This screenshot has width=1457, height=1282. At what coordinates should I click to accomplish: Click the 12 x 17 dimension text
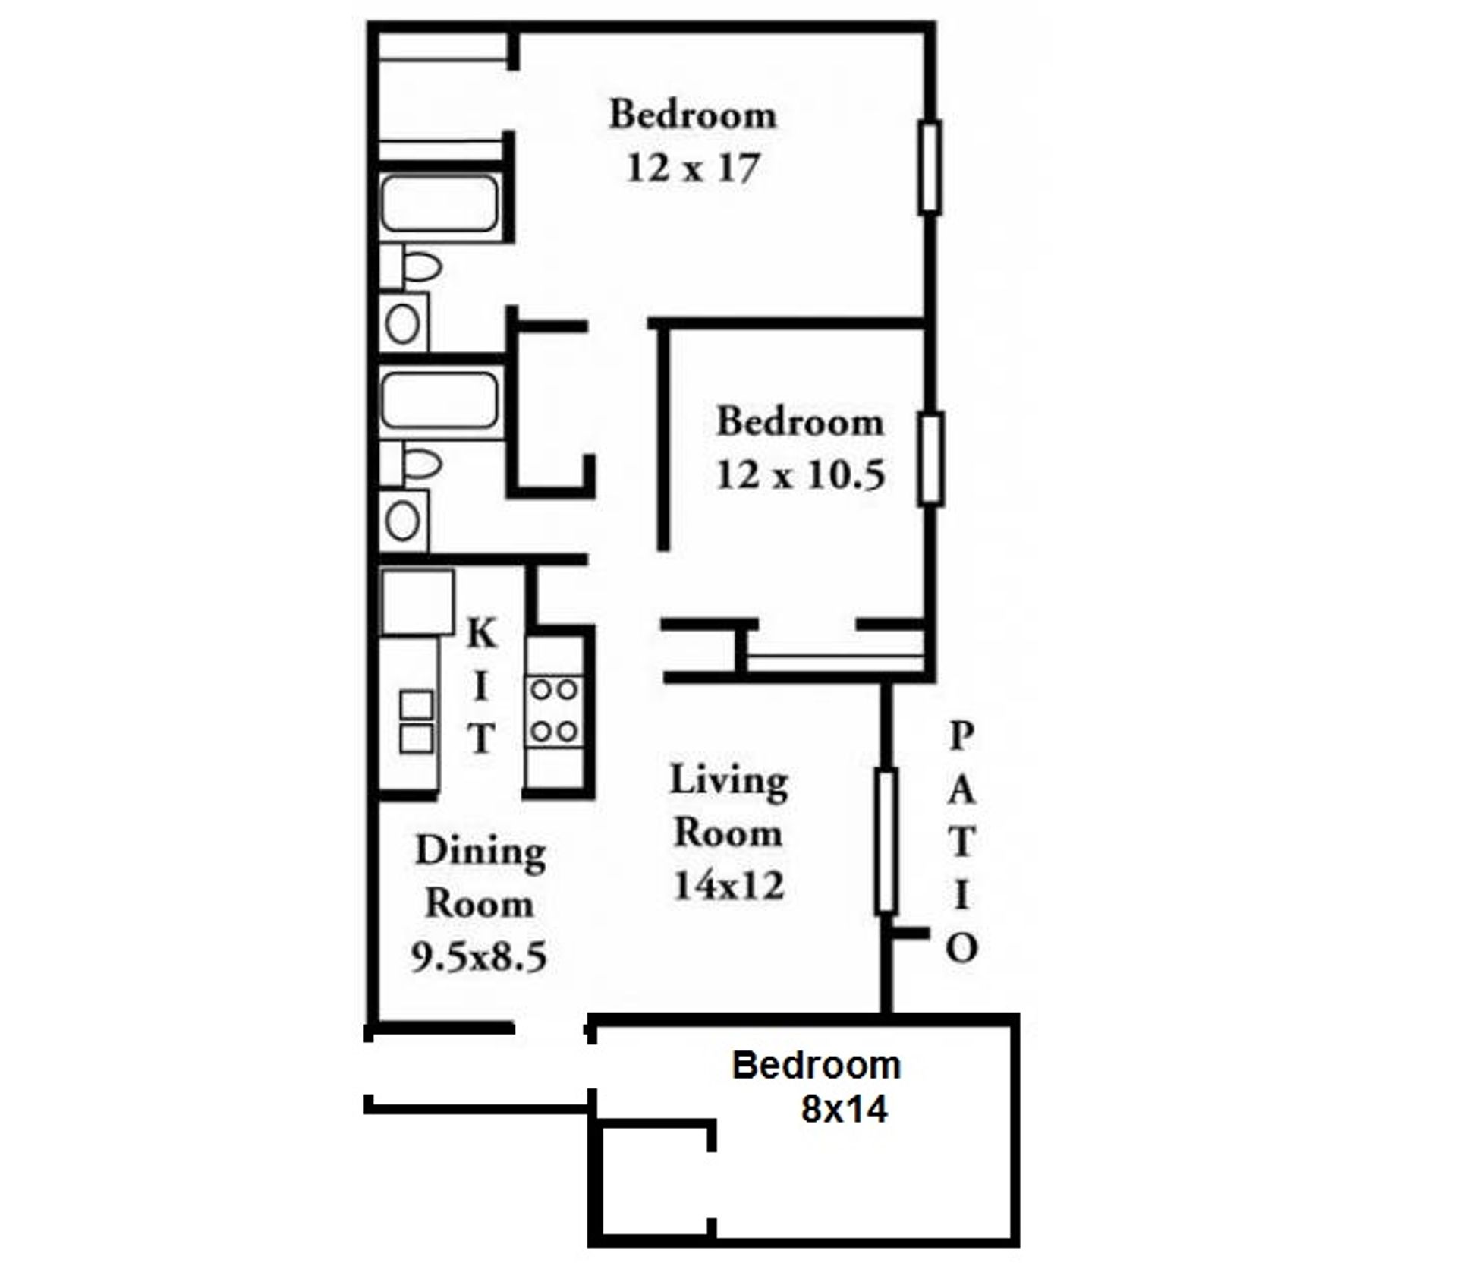[x=692, y=169]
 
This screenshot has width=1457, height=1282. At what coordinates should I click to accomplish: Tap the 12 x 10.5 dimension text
[x=800, y=476]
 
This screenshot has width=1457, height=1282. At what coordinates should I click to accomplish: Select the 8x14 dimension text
[x=844, y=1110]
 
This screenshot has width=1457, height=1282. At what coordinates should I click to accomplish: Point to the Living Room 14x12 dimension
[x=728, y=885]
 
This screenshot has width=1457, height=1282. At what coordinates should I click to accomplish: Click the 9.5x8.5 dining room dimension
[x=479, y=956]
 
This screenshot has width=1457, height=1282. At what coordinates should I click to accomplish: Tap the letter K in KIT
[x=481, y=633]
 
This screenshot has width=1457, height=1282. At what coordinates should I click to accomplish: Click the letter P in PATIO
[x=961, y=735]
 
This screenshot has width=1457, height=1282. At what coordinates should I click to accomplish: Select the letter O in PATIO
[x=961, y=948]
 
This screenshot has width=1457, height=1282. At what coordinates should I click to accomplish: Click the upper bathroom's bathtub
[x=439, y=203]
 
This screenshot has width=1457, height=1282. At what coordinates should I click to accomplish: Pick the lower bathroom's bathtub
[x=439, y=400]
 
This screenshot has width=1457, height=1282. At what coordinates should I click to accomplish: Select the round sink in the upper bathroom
[x=402, y=324]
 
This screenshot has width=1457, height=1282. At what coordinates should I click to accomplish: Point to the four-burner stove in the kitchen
[x=554, y=710]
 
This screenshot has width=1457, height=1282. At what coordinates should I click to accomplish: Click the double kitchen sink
[x=416, y=722]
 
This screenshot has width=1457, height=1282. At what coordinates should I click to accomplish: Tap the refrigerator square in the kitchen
[x=417, y=602]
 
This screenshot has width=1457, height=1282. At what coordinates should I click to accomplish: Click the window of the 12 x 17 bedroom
[x=930, y=167]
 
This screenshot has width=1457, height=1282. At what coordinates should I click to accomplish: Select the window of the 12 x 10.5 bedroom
[x=930, y=459]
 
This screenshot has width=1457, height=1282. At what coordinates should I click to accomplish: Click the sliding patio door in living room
[x=886, y=841]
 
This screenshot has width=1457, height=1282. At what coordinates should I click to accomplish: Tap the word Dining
[x=480, y=852]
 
